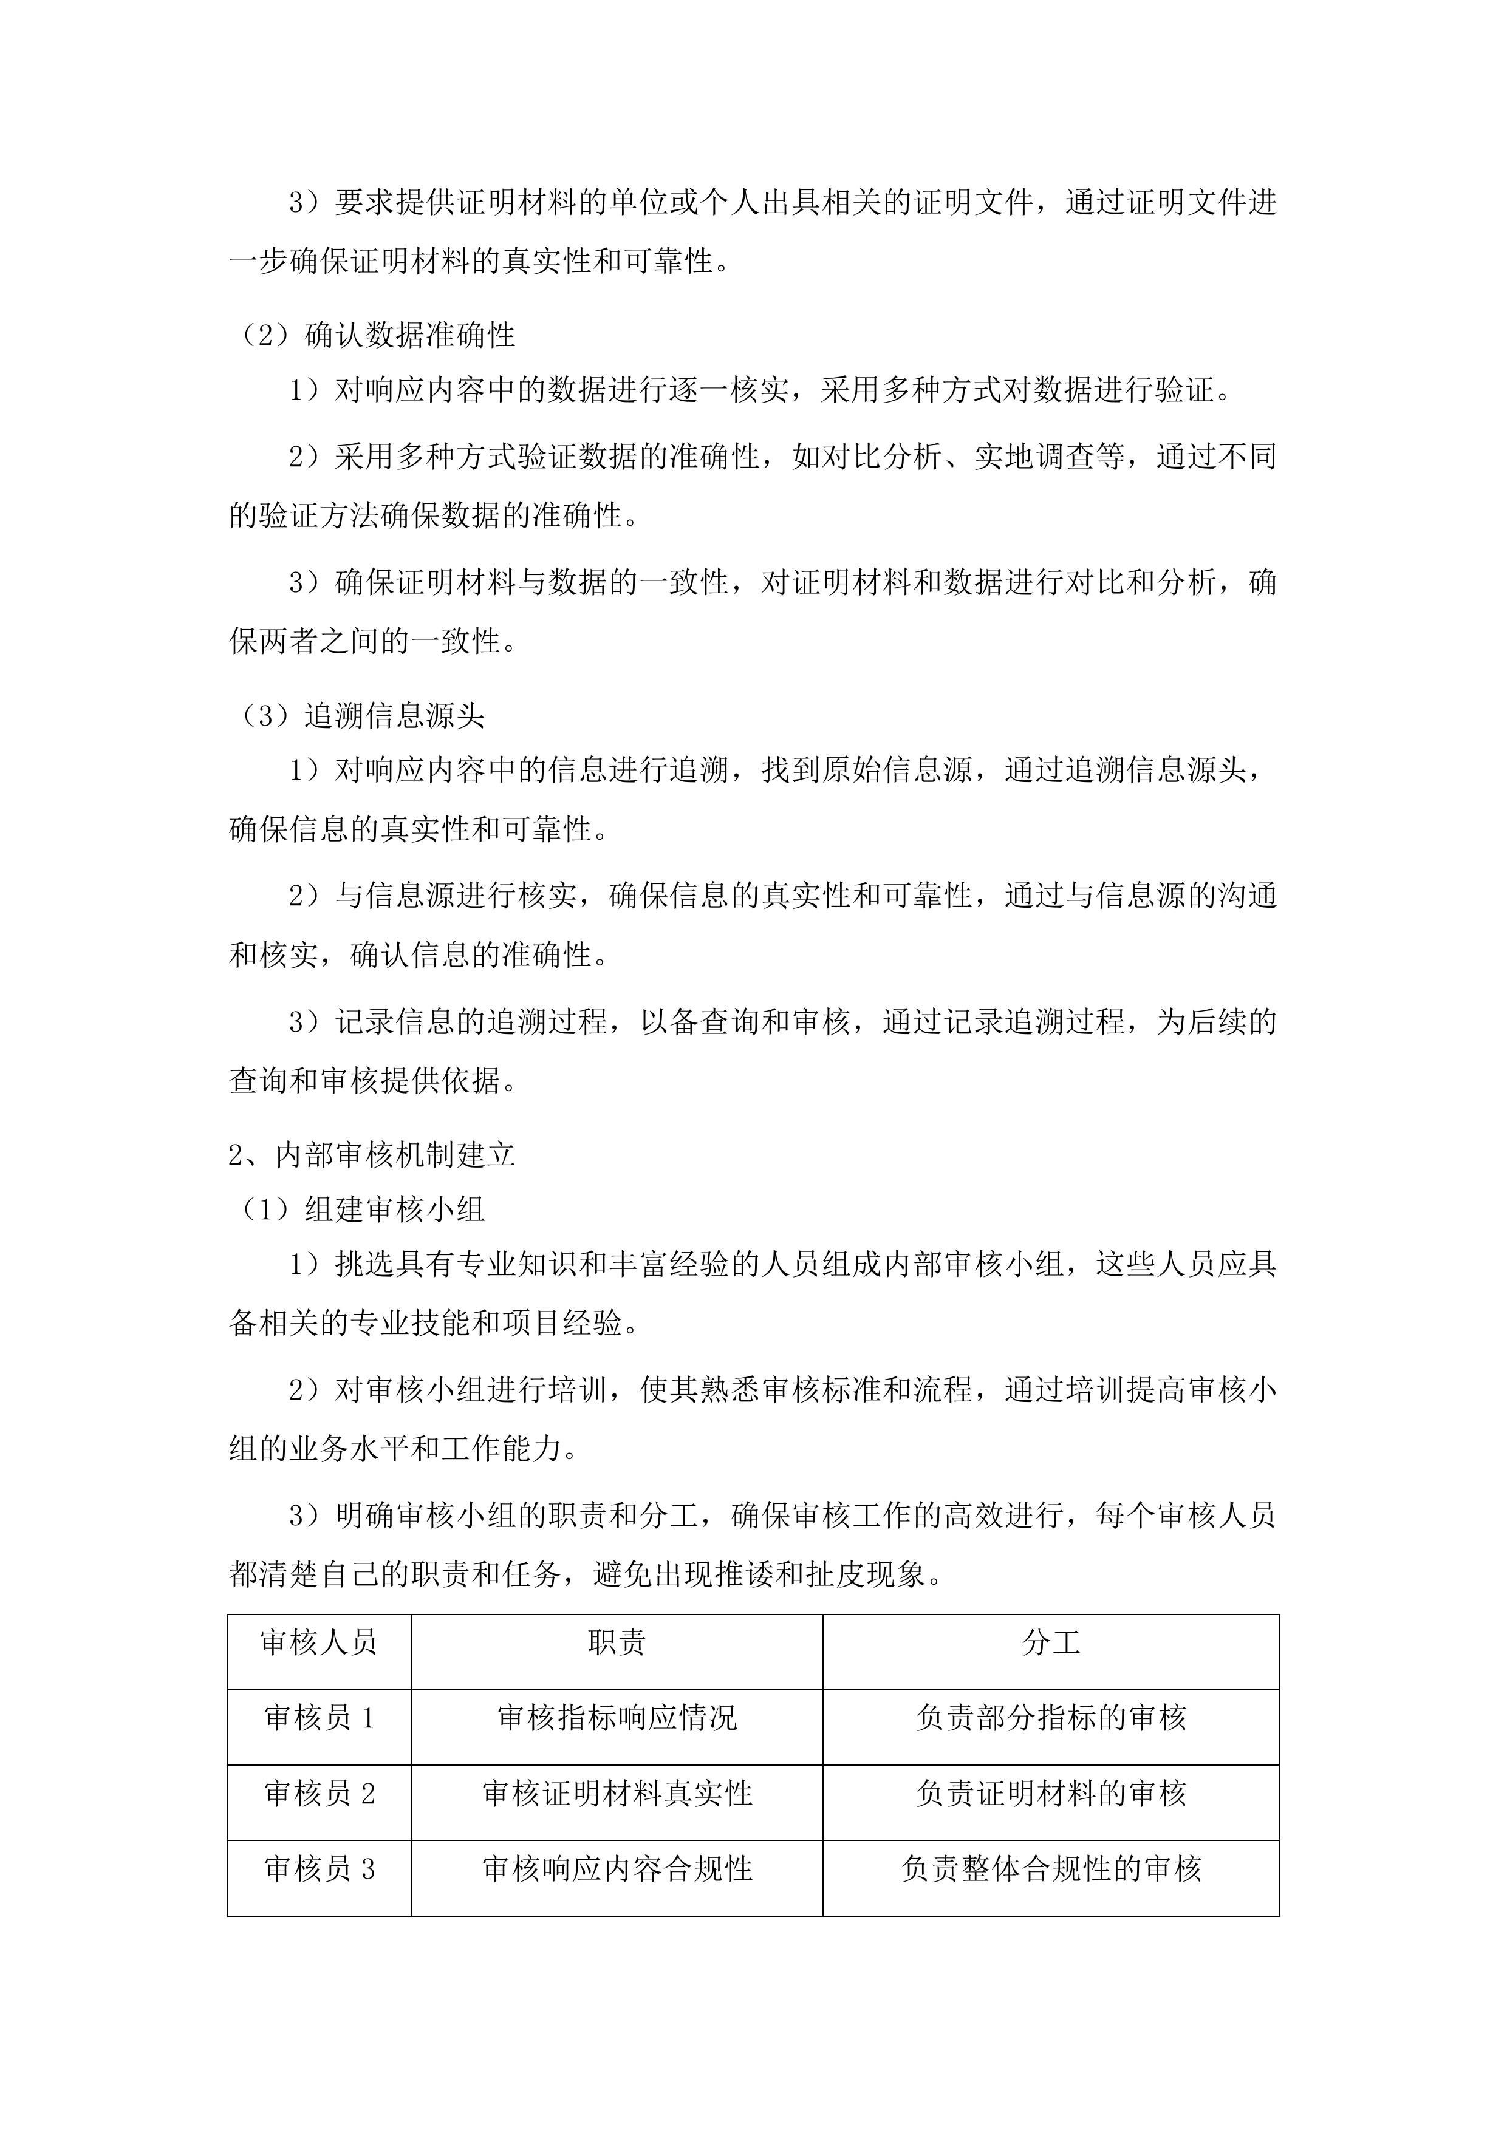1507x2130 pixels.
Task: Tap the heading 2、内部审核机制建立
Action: tap(371, 1155)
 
